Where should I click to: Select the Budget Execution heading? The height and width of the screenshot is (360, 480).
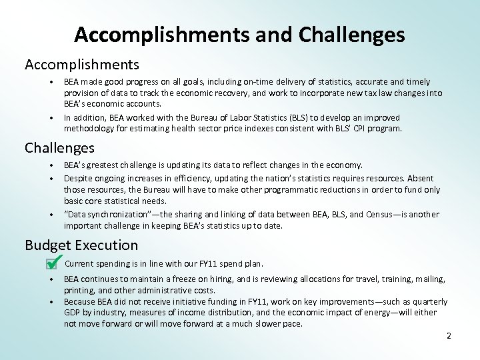(81, 245)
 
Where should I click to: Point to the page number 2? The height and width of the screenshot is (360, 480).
(449, 336)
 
